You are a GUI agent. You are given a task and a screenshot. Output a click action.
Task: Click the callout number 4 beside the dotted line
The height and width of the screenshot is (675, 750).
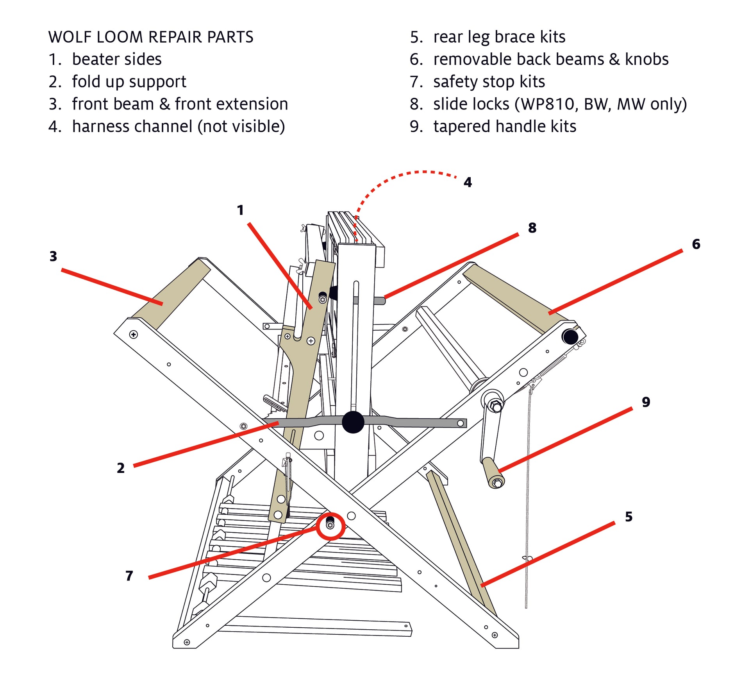[x=467, y=182]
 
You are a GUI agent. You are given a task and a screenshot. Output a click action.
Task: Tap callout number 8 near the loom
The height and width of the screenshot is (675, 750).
[x=532, y=228]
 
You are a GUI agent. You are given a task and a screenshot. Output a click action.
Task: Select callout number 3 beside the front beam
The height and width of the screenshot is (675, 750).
[x=53, y=256]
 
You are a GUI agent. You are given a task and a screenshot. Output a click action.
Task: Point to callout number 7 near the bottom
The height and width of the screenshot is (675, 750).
[x=129, y=576]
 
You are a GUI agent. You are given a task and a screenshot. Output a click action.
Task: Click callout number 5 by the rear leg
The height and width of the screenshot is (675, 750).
[x=629, y=517]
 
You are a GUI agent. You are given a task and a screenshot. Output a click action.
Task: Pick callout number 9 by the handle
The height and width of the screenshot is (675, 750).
[x=646, y=402]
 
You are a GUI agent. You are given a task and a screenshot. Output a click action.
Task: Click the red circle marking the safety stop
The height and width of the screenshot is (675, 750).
[x=330, y=526]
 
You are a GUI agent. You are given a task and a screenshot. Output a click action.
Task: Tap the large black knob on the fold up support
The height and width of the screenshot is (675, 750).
[x=353, y=422]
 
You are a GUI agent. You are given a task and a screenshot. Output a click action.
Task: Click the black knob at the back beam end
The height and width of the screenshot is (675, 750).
[x=570, y=337]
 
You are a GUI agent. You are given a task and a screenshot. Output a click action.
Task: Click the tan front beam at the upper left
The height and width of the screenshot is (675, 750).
[x=172, y=293]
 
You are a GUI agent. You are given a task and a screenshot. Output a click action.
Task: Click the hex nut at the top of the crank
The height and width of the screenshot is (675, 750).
[x=496, y=406]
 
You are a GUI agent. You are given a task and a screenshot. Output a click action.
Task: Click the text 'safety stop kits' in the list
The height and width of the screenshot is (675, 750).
[x=489, y=82]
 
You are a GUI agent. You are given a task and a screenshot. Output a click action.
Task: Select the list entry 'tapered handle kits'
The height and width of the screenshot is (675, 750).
[x=504, y=127]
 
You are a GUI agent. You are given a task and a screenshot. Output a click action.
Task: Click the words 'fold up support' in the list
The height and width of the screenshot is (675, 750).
[x=129, y=82]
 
